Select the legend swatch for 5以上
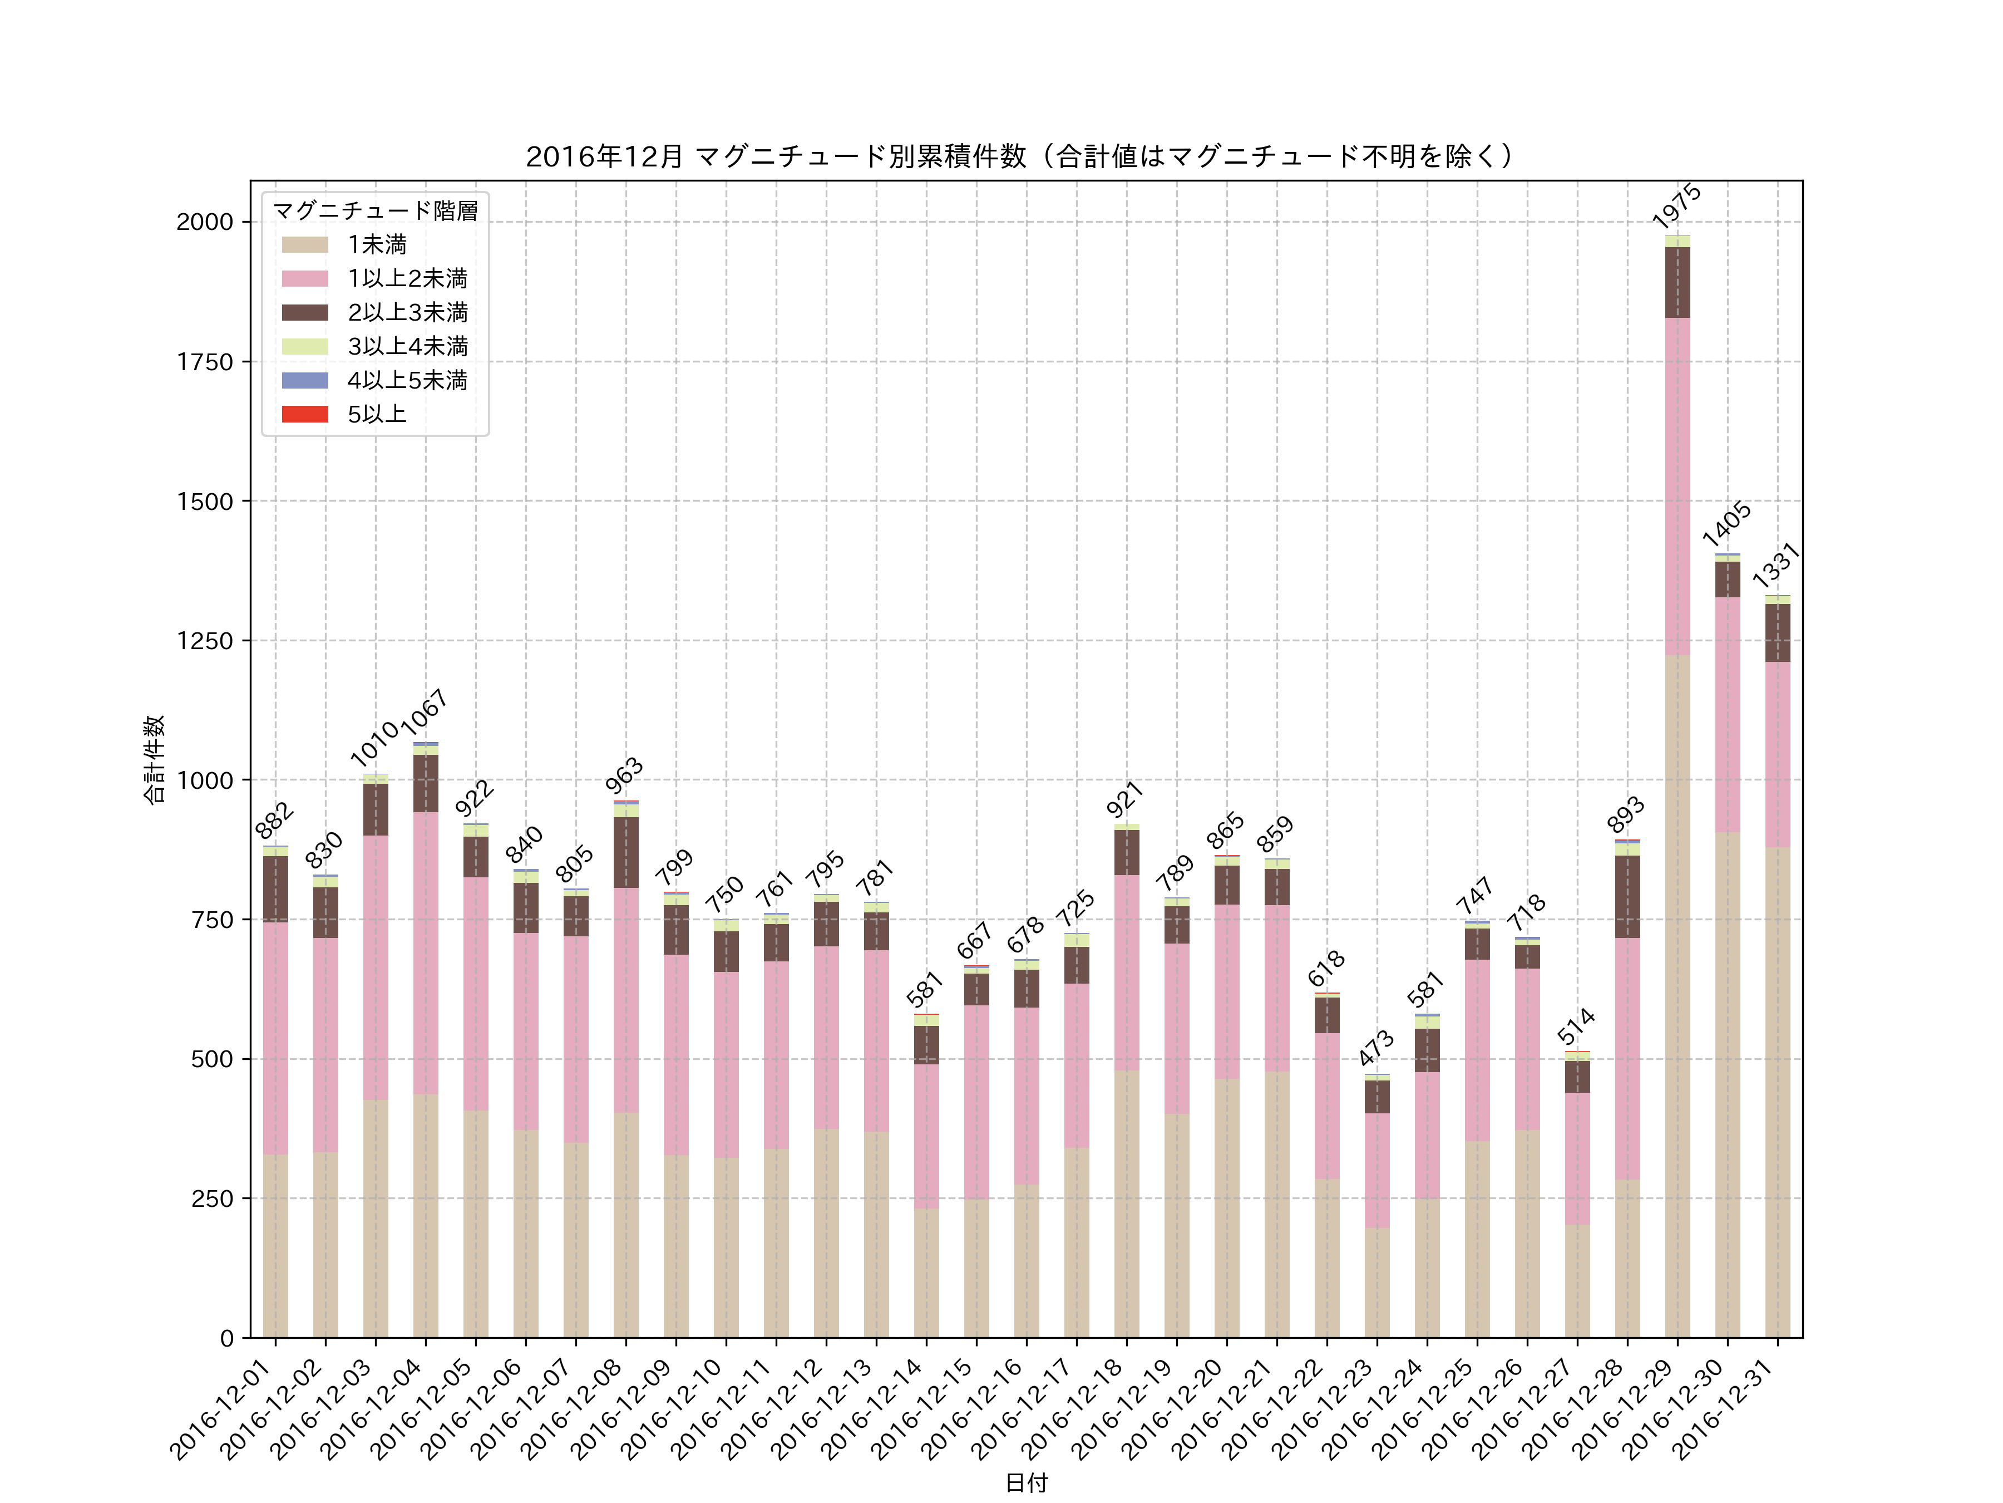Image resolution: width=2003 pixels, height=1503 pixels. (x=304, y=414)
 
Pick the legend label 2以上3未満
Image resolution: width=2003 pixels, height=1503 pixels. (x=407, y=312)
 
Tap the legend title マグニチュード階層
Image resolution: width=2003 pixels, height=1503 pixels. (x=375, y=211)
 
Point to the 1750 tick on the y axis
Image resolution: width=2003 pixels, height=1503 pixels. (x=205, y=361)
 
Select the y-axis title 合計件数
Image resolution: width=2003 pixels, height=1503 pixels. (x=154, y=759)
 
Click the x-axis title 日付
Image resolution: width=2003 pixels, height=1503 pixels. (x=1026, y=1482)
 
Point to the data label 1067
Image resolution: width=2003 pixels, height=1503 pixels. (x=425, y=711)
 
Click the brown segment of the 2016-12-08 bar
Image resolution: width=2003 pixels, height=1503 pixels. (x=626, y=852)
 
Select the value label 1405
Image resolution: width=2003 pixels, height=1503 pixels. (x=1726, y=524)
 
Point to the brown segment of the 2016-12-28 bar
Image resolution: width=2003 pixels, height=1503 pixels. (x=1627, y=896)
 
